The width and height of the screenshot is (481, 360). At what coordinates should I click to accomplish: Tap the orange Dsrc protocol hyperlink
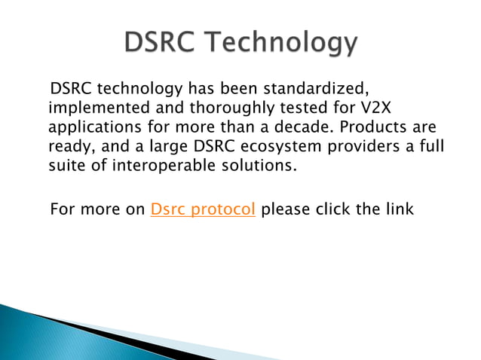click(x=204, y=209)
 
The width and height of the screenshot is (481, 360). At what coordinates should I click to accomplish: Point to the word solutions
click(x=266, y=166)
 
